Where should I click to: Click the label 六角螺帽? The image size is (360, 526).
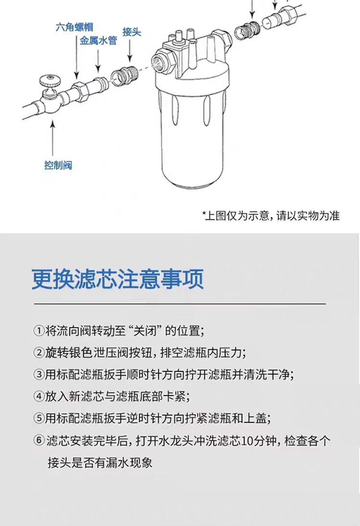pyautogui.click(x=74, y=27)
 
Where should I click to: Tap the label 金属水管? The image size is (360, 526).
pyautogui.click(x=98, y=41)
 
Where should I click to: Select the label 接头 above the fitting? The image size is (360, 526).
pyautogui.click(x=132, y=32)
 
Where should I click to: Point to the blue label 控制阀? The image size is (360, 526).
pyautogui.click(x=58, y=165)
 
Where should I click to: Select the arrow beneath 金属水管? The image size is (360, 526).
pyautogui.click(x=97, y=60)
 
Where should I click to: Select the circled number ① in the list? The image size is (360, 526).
pyautogui.click(x=39, y=331)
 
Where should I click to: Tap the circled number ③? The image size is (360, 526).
pyautogui.click(x=39, y=374)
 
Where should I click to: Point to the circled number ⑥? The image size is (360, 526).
pyautogui.click(x=39, y=440)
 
